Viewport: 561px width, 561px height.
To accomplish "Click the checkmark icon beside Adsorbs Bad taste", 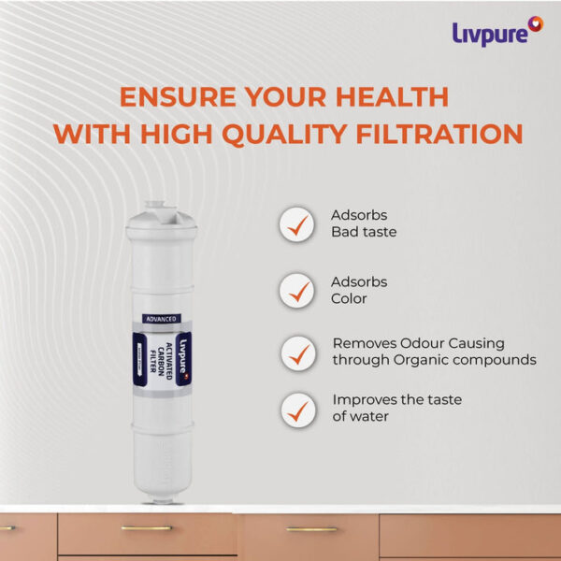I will coord(297,223).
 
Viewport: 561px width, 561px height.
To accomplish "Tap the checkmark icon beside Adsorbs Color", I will coord(297,291).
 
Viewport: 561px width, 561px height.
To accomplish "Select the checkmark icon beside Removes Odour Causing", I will coord(297,353).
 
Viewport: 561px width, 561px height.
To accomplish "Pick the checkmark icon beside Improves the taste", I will coord(297,408).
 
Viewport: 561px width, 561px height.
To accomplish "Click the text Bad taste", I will coord(364,232).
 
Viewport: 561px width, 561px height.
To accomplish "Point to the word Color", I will coord(350,299).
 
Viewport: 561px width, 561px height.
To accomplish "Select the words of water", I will coord(361,416).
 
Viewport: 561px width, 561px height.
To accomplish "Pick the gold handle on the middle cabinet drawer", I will coord(311,529).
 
